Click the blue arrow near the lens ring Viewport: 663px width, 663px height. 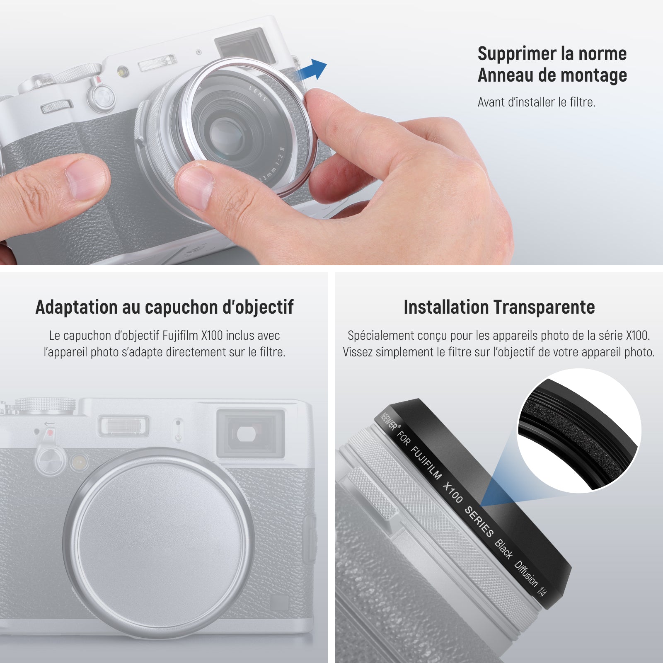[312, 69]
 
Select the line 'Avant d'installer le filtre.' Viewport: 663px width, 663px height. [536, 102]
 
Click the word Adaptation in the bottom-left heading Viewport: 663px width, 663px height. [76, 307]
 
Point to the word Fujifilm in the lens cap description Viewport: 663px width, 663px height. [180, 335]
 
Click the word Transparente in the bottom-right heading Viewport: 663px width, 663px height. [544, 307]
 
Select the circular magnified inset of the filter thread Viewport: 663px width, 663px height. [579, 431]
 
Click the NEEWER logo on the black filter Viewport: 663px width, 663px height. [389, 421]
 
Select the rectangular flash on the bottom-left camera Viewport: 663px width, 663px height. [123, 425]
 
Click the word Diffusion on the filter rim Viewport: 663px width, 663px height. [526, 573]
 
